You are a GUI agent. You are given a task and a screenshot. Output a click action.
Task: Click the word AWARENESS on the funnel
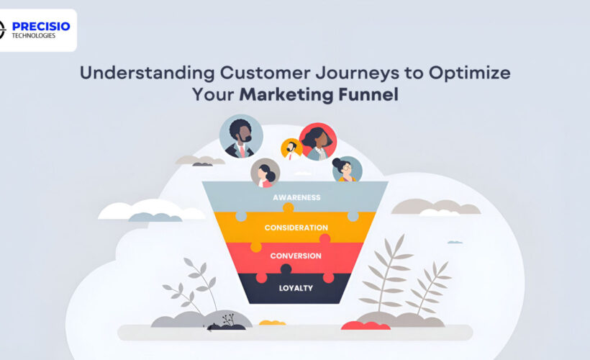(296, 197)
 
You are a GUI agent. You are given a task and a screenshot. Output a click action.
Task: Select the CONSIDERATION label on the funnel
(296, 228)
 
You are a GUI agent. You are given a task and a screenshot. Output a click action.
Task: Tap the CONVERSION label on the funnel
(296, 256)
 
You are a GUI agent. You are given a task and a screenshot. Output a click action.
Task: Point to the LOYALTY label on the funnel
(296, 288)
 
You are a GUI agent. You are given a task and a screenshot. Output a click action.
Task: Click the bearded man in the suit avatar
(240, 135)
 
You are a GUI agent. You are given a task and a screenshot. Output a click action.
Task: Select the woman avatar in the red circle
(318, 141)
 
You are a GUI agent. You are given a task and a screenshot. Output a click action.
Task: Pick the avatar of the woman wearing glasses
(347, 170)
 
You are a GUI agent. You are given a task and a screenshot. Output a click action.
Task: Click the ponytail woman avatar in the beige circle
(265, 173)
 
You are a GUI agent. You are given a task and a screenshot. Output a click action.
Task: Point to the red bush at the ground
(366, 325)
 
